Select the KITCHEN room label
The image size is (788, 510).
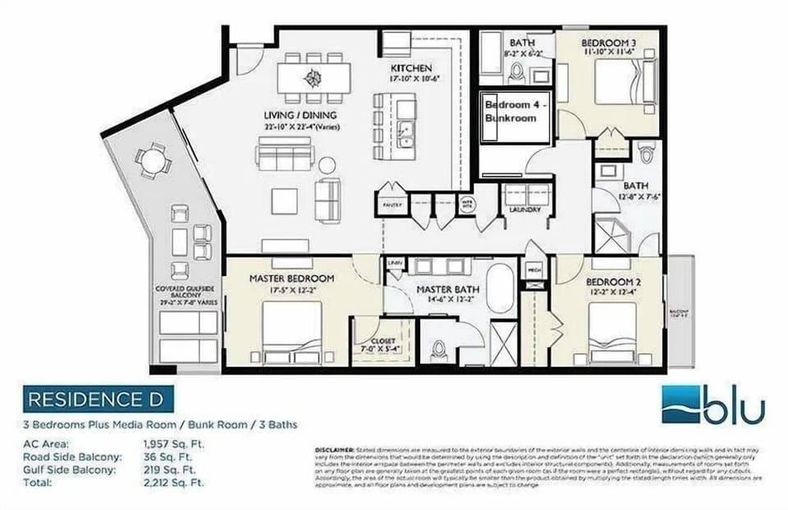(x=411, y=67)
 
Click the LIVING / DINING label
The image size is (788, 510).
(x=300, y=115)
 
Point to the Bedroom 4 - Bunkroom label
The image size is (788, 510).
(x=510, y=112)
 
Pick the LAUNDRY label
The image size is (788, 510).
(x=525, y=210)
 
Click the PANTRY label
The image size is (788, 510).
(x=392, y=204)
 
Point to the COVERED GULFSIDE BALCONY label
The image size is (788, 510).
(x=188, y=293)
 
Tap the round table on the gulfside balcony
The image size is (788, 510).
(x=153, y=160)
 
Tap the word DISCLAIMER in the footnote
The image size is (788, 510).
(x=332, y=451)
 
